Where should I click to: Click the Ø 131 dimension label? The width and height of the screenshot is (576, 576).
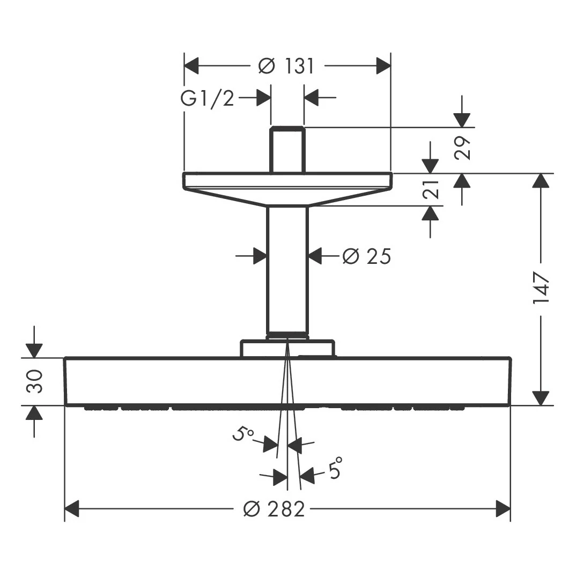point(286,67)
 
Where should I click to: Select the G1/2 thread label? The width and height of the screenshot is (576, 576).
point(207,99)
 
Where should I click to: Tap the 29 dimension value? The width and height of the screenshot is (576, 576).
point(462,147)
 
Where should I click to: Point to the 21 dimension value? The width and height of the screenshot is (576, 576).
point(431,189)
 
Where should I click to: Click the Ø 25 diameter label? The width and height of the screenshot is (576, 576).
point(367,256)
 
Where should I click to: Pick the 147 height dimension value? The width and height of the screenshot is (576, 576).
point(541,287)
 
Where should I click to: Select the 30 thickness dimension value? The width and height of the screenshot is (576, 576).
point(34,382)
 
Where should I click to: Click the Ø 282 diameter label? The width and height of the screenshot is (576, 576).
point(275,509)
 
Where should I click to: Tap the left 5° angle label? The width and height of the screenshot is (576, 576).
point(242,434)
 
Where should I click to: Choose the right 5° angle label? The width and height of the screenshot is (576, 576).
point(336,468)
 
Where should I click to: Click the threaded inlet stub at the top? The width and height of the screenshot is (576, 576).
point(287,150)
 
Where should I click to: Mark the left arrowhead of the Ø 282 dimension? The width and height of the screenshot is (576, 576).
point(72,509)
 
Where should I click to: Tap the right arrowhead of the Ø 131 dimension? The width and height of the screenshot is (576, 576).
point(383,66)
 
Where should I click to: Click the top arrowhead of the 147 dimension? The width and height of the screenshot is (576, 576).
point(541,180)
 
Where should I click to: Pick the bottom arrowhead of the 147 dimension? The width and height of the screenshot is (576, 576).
point(541,398)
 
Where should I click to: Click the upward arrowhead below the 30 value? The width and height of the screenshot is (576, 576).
point(34,413)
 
